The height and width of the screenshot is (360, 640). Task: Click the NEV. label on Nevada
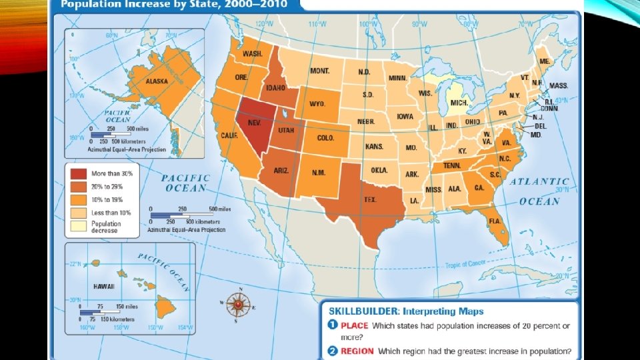(253, 123)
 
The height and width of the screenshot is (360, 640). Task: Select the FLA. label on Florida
(495, 221)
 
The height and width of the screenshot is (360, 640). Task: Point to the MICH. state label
(459, 103)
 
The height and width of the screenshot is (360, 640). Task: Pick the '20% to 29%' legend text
(112, 186)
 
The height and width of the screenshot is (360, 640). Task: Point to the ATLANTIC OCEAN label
(544, 191)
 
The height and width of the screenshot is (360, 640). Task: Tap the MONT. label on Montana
(320, 70)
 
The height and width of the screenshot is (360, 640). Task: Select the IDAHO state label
(277, 87)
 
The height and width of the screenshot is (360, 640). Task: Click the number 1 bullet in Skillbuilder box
(331, 325)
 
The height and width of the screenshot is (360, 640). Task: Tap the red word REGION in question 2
(358, 351)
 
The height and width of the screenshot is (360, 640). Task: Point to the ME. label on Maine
(545, 61)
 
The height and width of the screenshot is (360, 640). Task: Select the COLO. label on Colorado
(325, 138)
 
